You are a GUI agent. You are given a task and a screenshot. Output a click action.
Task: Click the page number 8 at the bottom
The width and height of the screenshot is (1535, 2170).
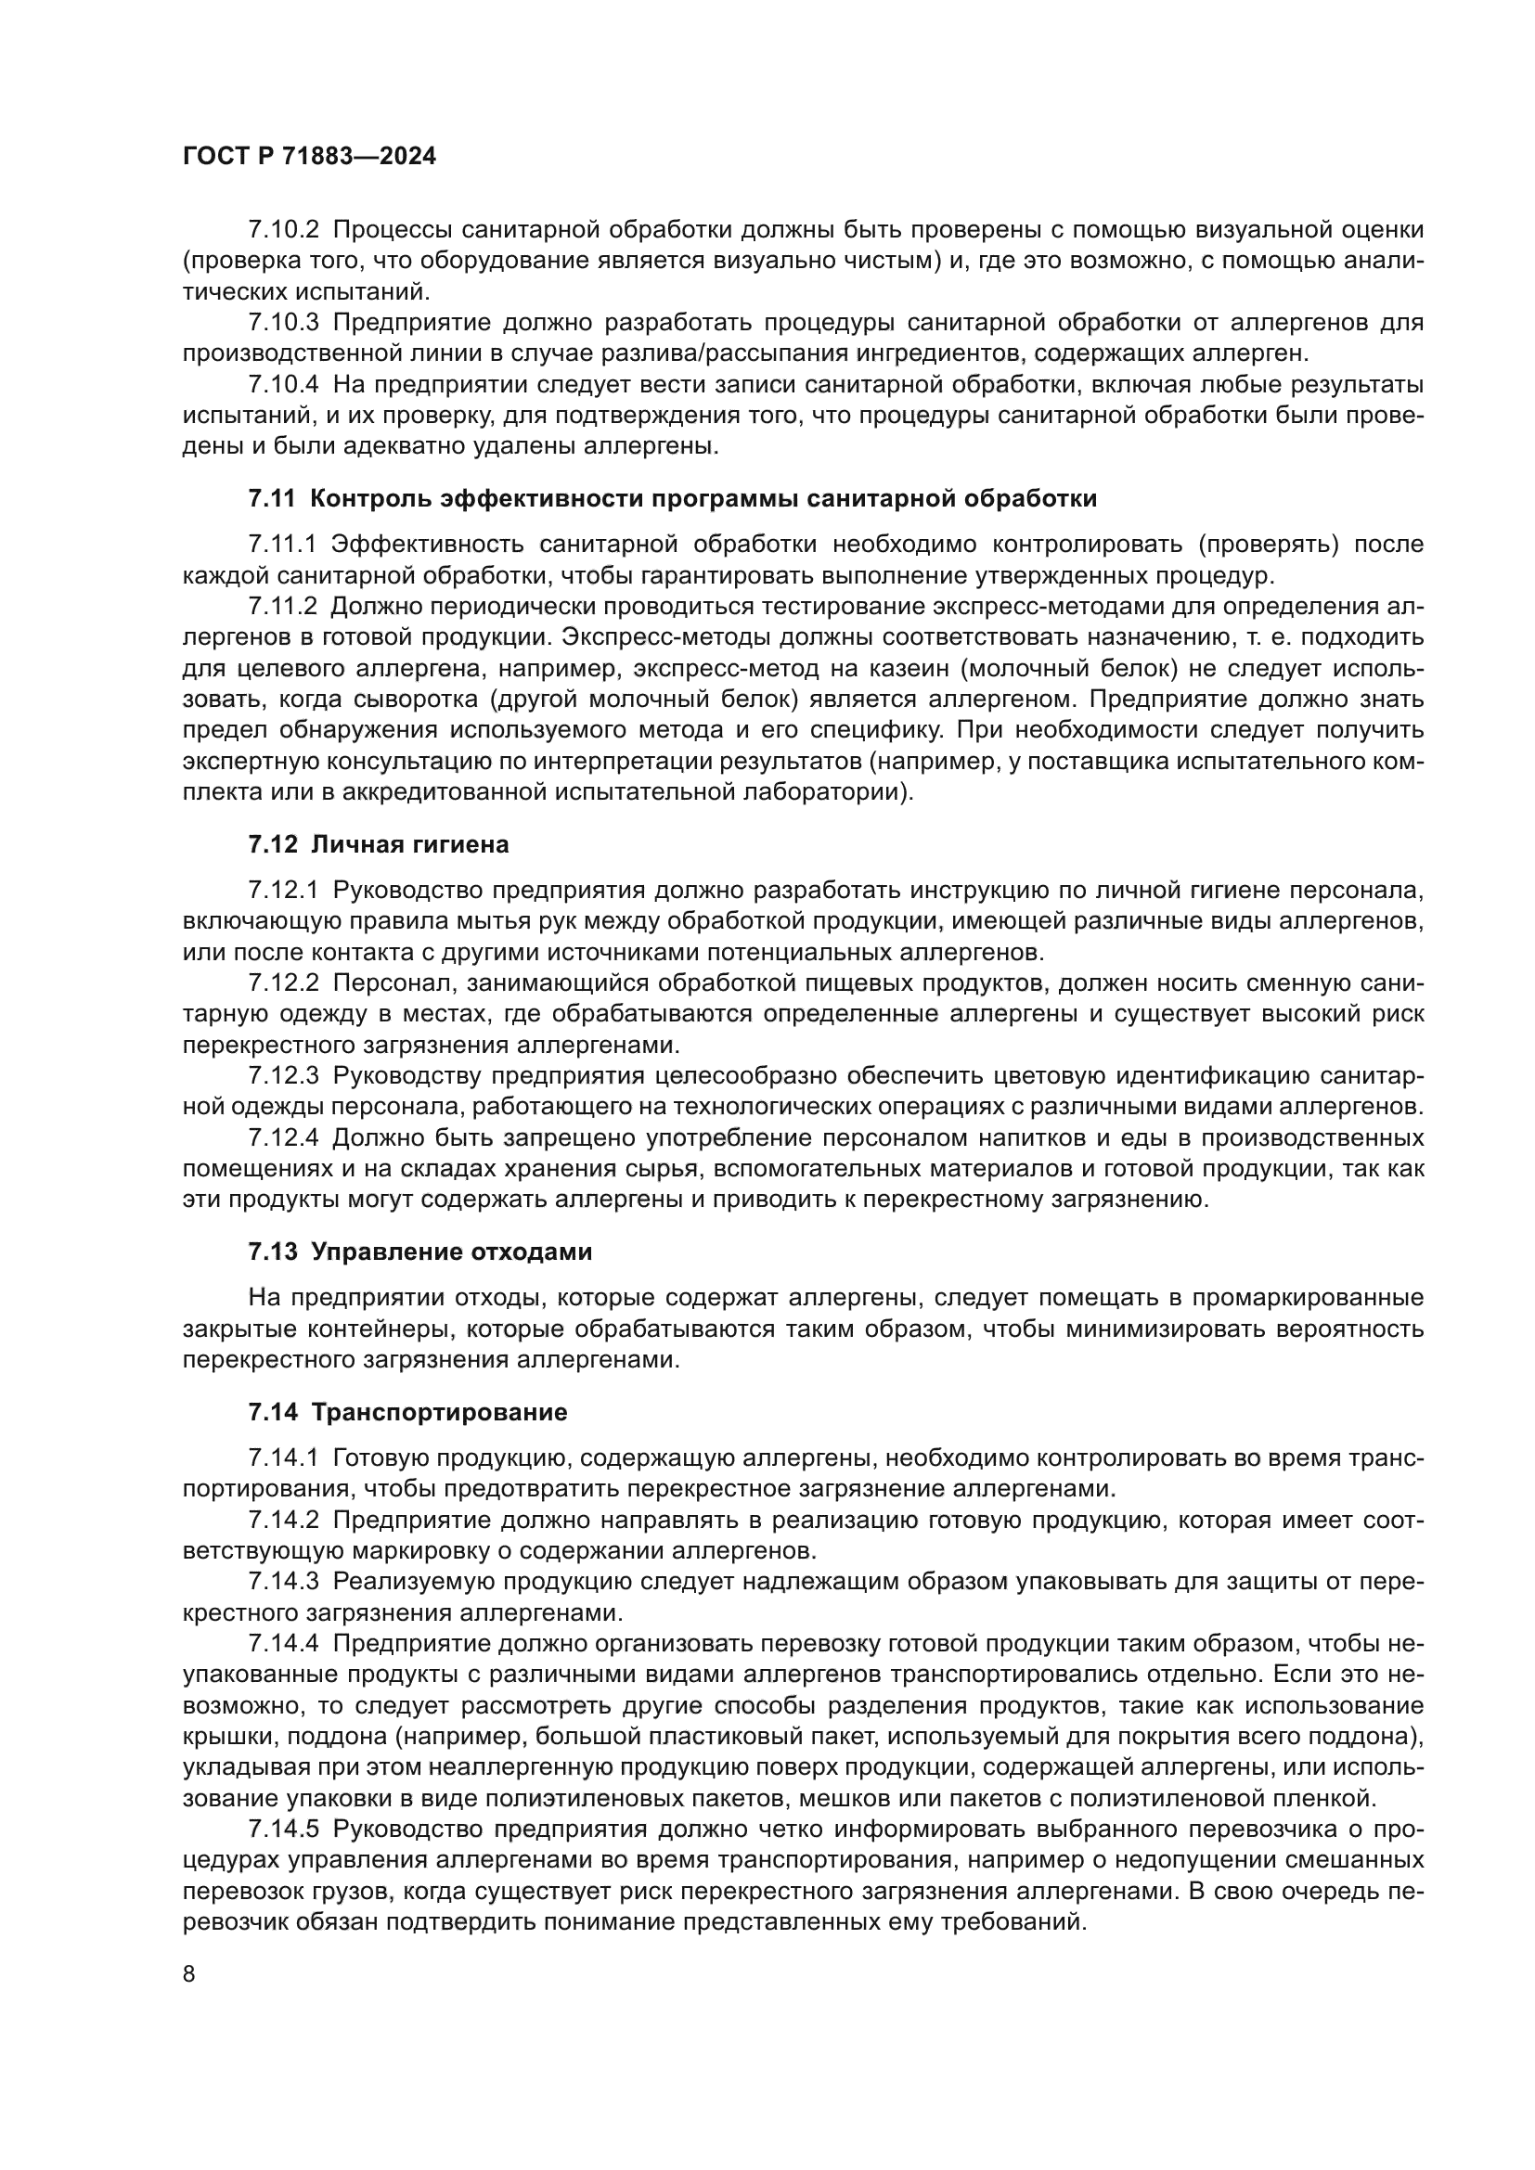(189, 1974)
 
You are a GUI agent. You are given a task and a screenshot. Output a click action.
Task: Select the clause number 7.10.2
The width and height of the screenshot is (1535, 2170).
(284, 230)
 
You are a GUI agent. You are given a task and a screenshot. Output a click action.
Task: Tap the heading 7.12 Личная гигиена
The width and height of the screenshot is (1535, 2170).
(378, 844)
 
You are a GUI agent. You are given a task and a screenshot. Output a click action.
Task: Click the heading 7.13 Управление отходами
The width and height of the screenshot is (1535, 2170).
(419, 1252)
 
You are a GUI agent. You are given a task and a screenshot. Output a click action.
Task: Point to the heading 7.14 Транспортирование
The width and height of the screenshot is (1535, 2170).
(407, 1413)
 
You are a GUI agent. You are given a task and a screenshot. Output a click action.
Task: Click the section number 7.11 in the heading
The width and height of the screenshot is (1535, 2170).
(272, 499)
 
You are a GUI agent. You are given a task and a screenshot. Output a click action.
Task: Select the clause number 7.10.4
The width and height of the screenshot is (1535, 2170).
(284, 385)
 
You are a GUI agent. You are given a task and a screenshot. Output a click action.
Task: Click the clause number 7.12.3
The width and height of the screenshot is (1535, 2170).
(284, 1076)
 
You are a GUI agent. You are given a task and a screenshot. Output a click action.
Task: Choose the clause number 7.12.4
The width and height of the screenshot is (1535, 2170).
(284, 1138)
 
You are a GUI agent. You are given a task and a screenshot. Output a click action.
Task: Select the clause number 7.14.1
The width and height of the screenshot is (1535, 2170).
(284, 1458)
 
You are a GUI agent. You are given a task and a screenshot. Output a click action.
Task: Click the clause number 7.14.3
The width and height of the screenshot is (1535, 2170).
(284, 1581)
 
